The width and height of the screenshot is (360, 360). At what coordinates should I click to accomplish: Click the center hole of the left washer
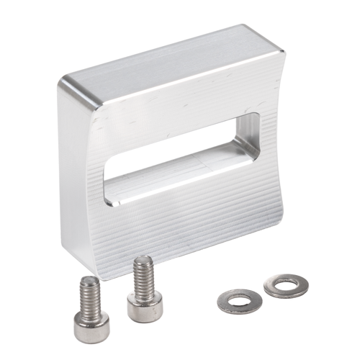pyautogui.click(x=238, y=300)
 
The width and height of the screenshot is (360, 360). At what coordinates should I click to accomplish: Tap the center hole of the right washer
pyautogui.click(x=286, y=285)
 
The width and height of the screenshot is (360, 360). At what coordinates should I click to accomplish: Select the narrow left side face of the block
pyautogui.click(x=76, y=180)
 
